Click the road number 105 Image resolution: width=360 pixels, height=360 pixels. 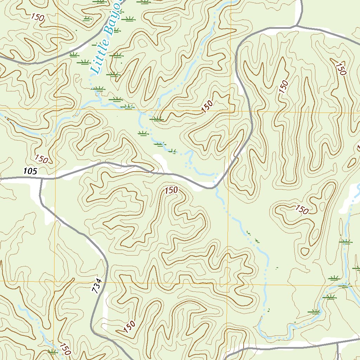tap(30, 171)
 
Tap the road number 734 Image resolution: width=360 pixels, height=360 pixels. tap(97, 285)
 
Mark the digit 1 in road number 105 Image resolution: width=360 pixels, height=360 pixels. tap(25, 171)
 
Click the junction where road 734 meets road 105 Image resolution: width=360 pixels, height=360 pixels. tap(41, 179)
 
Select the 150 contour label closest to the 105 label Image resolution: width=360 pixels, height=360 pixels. tap(41, 159)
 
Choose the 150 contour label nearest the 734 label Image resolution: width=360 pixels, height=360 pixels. tap(129, 327)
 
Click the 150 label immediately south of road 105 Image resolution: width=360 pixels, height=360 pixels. tap(171, 190)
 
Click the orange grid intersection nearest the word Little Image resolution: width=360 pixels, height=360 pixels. tap(57, 108)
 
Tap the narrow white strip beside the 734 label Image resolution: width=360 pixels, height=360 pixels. tap(105, 306)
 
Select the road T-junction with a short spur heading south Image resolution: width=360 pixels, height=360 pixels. tap(338, 343)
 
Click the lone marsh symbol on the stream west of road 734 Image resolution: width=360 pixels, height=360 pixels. tap(53, 351)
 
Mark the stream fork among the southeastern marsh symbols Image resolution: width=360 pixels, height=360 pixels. tap(346, 283)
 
